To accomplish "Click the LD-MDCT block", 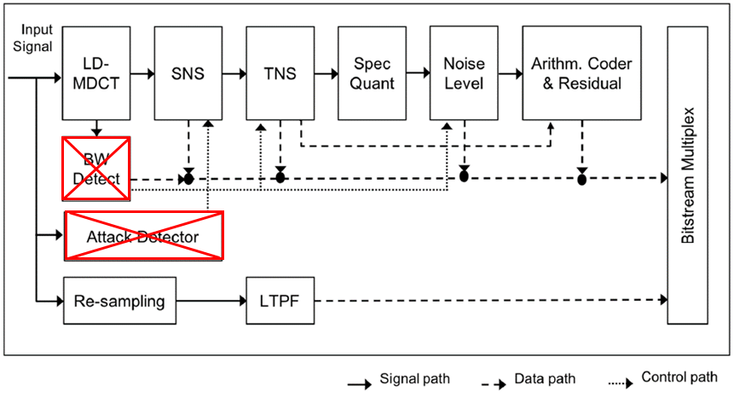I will pyautogui.click(x=96, y=72).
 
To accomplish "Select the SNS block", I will pyautogui.click(x=188, y=72).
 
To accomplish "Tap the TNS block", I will pyautogui.click(x=280, y=72).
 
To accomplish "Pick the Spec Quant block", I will pyautogui.click(x=372, y=72).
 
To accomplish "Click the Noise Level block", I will pyautogui.click(x=464, y=72).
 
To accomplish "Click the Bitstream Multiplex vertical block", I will pyautogui.click(x=688, y=175).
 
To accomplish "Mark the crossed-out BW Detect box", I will pyautogui.click(x=96, y=169).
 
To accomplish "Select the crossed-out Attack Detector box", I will pyautogui.click(x=144, y=236).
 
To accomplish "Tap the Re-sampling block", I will pyautogui.click(x=119, y=300).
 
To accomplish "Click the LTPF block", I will pyautogui.click(x=280, y=300).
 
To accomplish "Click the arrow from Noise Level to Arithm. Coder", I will pyautogui.click(x=510, y=73).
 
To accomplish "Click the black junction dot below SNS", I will pyautogui.click(x=188, y=178).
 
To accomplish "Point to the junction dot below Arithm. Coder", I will pyautogui.click(x=581, y=179).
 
